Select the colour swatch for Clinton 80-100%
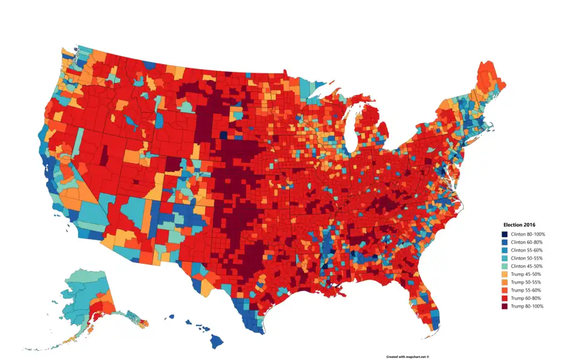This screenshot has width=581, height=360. click(x=504, y=234)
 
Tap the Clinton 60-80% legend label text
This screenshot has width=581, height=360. click(x=527, y=242)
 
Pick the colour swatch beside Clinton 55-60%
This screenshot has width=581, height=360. click(x=504, y=250)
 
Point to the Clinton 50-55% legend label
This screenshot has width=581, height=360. click(x=527, y=258)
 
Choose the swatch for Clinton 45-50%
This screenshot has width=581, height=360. click(x=504, y=266)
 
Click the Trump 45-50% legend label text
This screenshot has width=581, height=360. click(x=525, y=274)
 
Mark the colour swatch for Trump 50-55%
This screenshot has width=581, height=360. click(x=504, y=283)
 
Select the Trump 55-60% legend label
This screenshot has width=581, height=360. click(x=525, y=290)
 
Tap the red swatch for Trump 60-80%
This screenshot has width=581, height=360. click(x=504, y=298)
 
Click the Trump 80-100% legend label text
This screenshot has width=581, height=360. click(x=527, y=306)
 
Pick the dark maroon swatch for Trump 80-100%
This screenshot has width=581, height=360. click(x=504, y=306)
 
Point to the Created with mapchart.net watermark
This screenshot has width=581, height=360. click(x=407, y=356)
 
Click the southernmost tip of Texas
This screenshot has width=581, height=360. click(x=260, y=332)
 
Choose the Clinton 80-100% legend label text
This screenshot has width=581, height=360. click(x=528, y=234)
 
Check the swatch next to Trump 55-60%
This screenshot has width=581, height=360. click(x=504, y=290)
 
